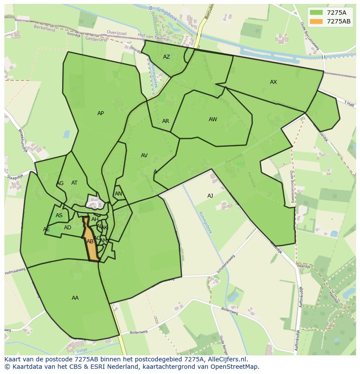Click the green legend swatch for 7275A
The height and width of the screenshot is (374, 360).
[x=316, y=13]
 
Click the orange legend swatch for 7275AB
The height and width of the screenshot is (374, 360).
[x=316, y=21]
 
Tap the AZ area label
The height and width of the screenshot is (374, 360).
[x=167, y=57]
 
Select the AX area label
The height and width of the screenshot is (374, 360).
[x=273, y=82]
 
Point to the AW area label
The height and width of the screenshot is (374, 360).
[x=213, y=119]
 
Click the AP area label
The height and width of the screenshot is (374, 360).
[x=100, y=113]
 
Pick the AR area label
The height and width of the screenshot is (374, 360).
[x=166, y=121]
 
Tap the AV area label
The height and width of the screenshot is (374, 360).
[x=144, y=156]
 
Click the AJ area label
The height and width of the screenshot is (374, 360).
[x=210, y=196]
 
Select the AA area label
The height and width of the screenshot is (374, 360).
[x=75, y=298]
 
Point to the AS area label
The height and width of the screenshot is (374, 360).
[x=59, y=215]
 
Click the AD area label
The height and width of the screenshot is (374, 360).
[x=67, y=228]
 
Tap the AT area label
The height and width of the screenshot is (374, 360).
[x=74, y=183]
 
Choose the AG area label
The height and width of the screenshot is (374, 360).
[x=60, y=183]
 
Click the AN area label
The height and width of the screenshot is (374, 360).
[x=118, y=194]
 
